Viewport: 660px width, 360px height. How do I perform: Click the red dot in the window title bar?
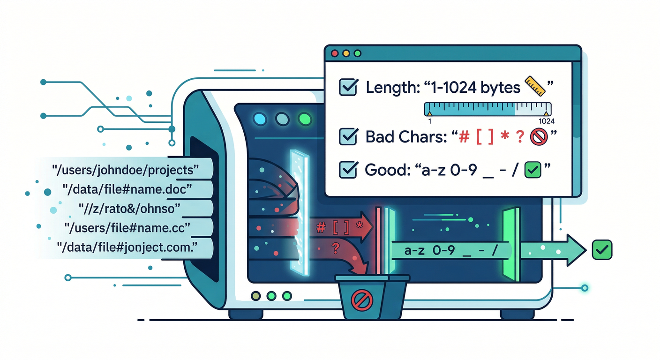tap(335, 53)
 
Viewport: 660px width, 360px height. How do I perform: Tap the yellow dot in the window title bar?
tap(346, 53)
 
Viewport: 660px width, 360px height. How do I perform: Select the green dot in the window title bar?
tap(358, 53)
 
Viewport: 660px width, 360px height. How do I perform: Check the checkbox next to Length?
tap(348, 87)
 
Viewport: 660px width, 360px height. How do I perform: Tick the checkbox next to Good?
tap(348, 170)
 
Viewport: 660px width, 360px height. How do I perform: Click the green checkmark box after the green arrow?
tap(601, 250)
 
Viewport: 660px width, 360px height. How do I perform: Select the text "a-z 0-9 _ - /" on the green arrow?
tap(450, 251)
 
